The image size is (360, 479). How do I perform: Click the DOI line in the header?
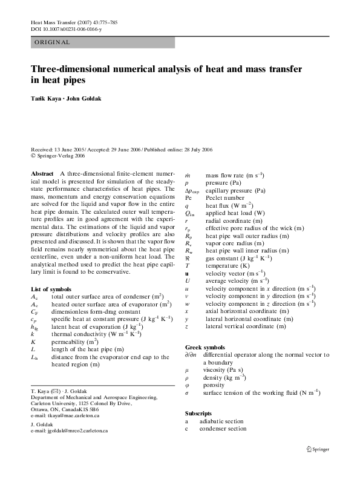[66, 29]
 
